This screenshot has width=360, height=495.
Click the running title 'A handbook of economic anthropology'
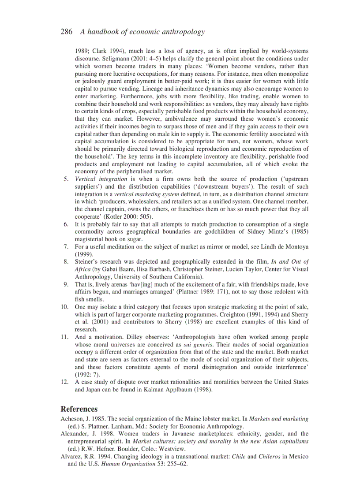(142, 32)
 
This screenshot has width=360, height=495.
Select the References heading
(79, 409)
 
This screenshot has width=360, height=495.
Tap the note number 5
(66, 179)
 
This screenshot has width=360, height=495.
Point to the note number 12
(64, 382)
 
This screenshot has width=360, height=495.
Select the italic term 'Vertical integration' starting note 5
(101, 179)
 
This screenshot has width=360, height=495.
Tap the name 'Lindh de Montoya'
(282, 247)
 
